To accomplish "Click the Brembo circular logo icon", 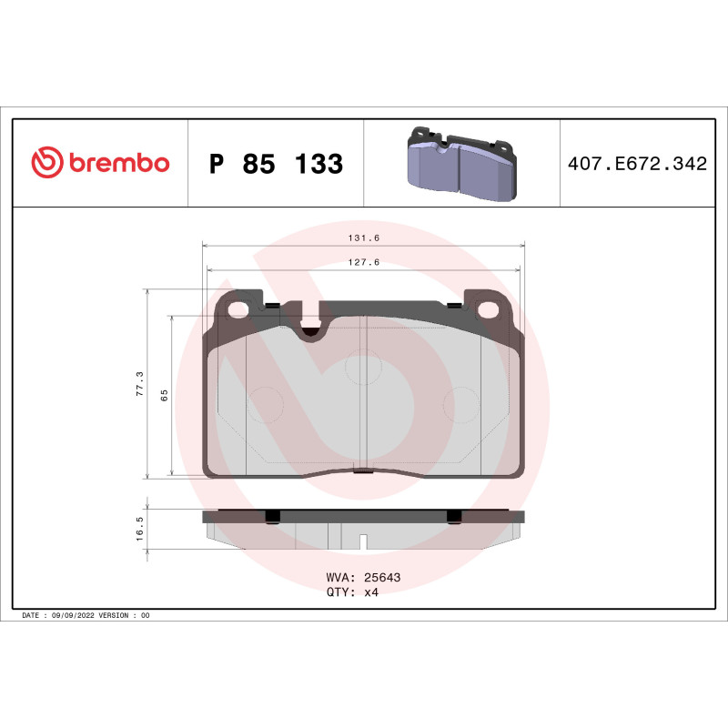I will pos(46,162).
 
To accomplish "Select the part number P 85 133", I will pos(276,164).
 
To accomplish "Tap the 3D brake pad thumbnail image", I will pos(460,164).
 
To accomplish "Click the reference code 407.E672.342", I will pos(636,164).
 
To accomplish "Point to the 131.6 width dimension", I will pos(363,238).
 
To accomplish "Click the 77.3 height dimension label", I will pos(139,382).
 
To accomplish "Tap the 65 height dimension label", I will pos(164,395).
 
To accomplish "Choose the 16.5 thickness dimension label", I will pos(139,529).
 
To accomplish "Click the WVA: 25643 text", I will pos(363,577).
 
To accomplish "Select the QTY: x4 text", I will pos(351,591).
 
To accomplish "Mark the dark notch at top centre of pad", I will pos(311,332).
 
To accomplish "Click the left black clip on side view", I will pos(271,516).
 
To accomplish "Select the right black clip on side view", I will pos(454,516).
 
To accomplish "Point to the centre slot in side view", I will pos(362,542).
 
